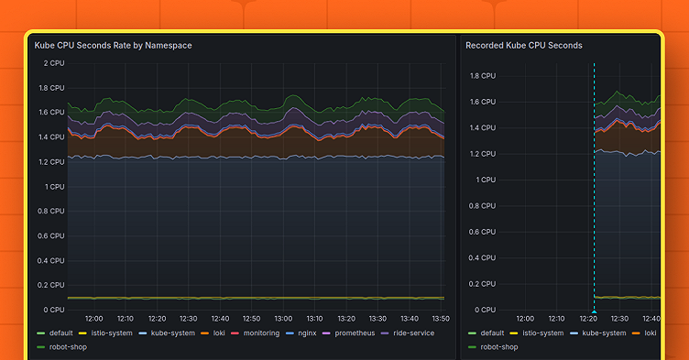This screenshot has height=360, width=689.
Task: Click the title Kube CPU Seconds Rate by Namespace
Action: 113,45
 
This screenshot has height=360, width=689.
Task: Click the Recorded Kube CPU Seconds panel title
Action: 523,45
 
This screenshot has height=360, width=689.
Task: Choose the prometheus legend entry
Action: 355,333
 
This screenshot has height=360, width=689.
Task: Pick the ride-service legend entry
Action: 413,333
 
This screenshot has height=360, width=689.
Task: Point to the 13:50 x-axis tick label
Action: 440,318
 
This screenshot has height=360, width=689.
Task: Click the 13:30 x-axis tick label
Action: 377,318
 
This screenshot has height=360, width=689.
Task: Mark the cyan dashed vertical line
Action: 594,183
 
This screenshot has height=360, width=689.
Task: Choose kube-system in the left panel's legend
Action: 172,333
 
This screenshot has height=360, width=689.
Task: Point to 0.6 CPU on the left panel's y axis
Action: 50,235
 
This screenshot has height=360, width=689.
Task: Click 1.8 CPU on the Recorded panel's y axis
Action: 482,76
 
